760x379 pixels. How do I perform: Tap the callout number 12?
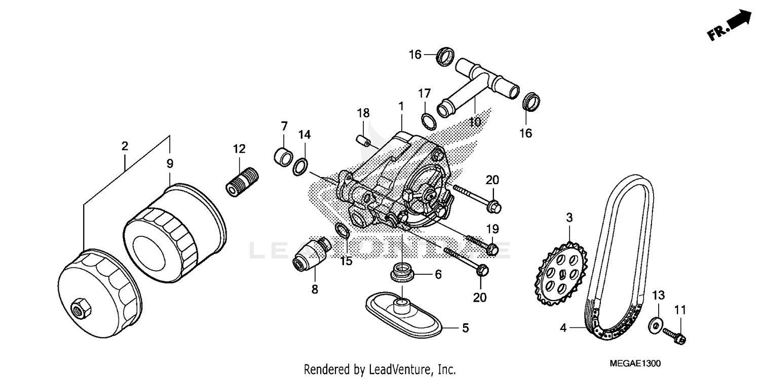(239, 149)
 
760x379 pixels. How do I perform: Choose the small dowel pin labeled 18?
(362, 139)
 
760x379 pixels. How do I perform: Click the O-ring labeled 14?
(300, 166)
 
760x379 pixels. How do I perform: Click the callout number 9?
(170, 163)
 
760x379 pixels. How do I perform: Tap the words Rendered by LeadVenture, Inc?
(379, 369)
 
